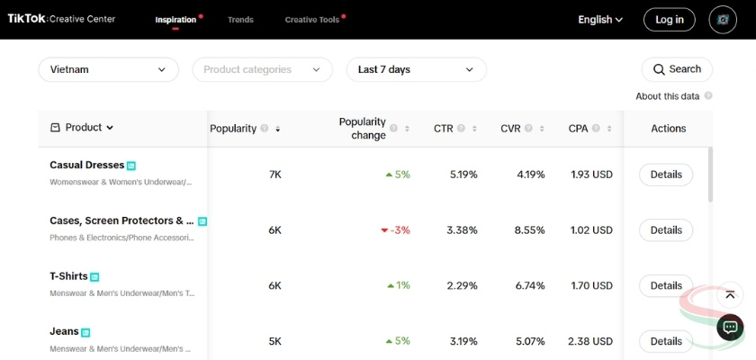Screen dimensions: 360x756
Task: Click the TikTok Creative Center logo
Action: point(61,19)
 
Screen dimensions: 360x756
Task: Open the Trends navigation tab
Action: point(240,20)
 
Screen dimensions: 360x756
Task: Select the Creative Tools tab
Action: point(311,20)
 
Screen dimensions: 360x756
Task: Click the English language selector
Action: point(600,20)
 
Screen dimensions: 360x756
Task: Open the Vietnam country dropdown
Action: point(108,69)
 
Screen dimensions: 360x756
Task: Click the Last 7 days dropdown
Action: point(416,69)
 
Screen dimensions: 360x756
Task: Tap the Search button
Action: point(677,69)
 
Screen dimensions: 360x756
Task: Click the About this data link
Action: point(667,96)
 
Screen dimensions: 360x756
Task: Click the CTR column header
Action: point(444,129)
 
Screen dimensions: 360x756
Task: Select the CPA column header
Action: point(578,129)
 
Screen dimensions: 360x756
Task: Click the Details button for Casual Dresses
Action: point(666,175)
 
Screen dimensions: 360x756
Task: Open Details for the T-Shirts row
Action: point(666,285)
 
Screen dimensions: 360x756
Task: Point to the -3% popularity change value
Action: point(400,230)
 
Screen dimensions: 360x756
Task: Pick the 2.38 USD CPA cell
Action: point(590,341)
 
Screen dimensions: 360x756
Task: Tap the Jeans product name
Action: point(64,331)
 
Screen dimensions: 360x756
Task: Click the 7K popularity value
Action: point(275,175)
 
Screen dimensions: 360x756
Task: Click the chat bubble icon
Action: point(730,328)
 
